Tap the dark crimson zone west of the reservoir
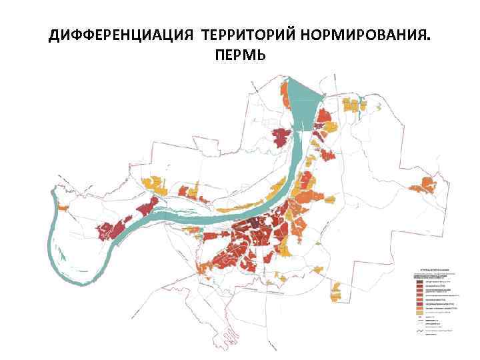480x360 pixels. pos(281,137)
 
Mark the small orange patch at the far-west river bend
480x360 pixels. pos(64,208)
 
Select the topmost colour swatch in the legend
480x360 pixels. pos(419,281)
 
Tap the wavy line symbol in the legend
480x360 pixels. pos(419,331)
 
